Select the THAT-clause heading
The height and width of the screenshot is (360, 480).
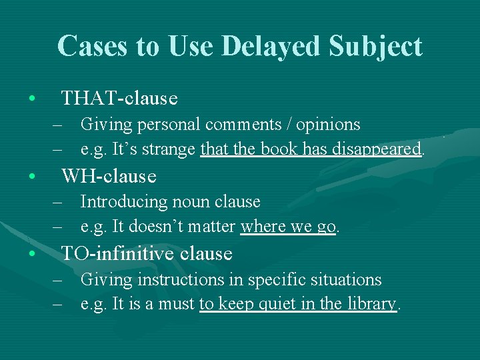(x=119, y=99)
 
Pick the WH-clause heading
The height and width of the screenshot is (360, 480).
(x=109, y=176)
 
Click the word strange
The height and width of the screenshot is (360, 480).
(x=172, y=149)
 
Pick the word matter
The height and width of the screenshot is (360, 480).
(x=211, y=227)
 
